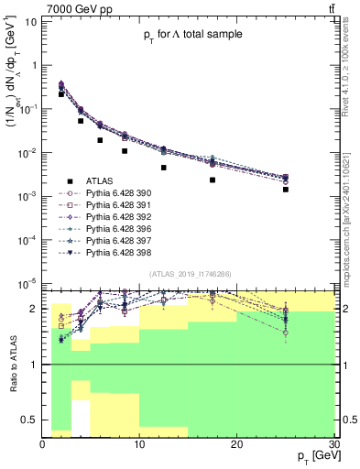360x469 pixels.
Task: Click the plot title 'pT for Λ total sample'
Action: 192,35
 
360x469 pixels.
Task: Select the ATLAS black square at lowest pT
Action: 61,94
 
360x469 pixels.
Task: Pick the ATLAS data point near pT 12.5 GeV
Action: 164,168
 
